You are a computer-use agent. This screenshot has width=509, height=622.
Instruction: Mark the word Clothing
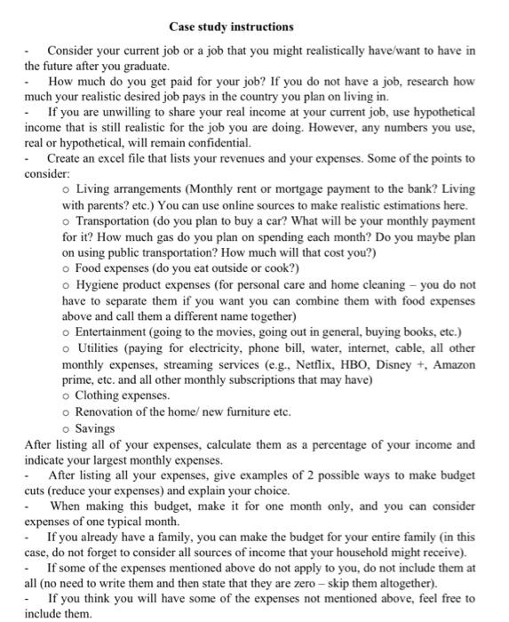click(100, 394)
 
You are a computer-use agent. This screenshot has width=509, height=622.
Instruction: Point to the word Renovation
click(110, 411)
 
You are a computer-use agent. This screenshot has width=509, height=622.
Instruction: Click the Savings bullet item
click(95, 427)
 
